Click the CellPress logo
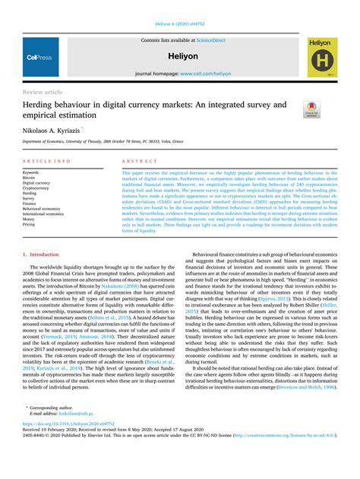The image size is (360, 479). (x=39, y=57)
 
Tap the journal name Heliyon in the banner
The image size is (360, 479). (x=181, y=57)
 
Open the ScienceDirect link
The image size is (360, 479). (x=210, y=39)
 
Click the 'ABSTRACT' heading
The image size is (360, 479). (x=139, y=162)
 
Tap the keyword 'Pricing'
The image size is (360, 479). (x=29, y=224)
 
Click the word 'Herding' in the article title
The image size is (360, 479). (x=42, y=105)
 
